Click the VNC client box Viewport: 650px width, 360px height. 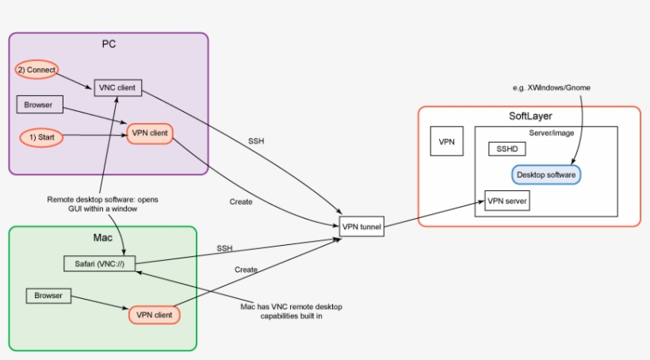[118, 87]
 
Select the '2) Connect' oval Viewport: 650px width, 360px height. [36, 70]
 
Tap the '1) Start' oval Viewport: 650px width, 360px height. [40, 137]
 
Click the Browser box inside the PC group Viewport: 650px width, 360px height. [39, 103]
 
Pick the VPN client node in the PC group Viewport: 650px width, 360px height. [150, 133]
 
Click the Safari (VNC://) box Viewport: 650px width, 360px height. [98, 263]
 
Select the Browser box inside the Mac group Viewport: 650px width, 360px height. [48, 296]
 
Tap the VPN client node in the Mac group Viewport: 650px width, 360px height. [155, 314]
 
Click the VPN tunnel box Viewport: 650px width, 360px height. [361, 227]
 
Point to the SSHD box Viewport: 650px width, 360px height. [506, 149]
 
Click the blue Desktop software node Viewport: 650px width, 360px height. [546, 174]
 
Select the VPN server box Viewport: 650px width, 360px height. [507, 201]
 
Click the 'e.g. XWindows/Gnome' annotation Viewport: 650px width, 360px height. [553, 87]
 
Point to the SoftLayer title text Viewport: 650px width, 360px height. [530, 117]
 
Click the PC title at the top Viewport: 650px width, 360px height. [109, 44]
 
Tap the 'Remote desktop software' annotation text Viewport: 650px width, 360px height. [102, 205]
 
